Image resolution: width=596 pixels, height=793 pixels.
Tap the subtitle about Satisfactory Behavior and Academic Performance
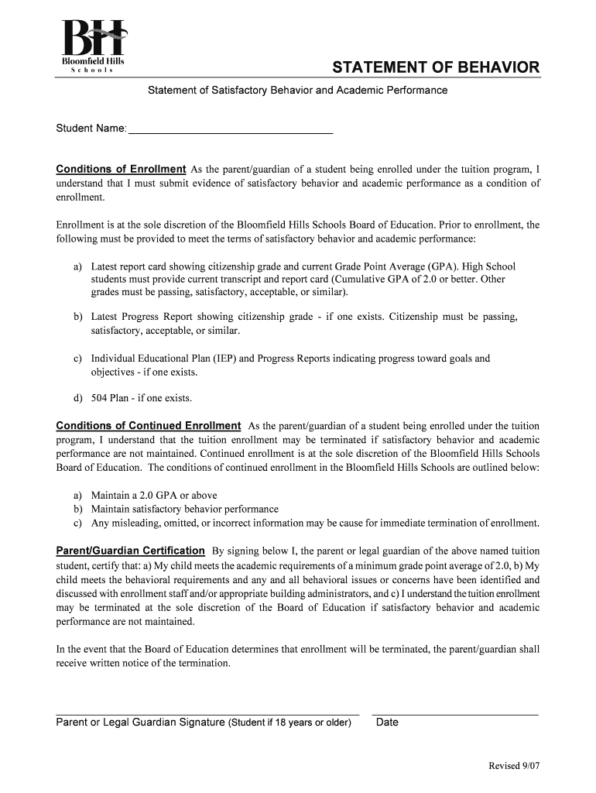click(297, 91)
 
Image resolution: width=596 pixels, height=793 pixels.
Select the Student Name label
click(91, 128)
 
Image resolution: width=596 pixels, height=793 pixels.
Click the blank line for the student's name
click(230, 129)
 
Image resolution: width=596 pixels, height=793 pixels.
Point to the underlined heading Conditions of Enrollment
click(121, 169)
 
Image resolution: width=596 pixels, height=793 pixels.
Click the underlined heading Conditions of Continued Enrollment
click(149, 426)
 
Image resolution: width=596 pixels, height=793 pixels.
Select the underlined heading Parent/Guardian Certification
click(131, 551)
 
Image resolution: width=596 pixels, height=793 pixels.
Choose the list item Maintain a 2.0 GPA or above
click(154, 495)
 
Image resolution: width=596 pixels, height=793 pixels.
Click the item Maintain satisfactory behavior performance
click(184, 509)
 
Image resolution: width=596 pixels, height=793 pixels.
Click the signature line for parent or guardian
click(207, 710)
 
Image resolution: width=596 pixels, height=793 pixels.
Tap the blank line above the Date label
click(454, 710)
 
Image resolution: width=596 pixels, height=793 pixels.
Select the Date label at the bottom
click(387, 723)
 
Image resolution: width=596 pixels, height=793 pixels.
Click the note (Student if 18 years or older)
click(289, 723)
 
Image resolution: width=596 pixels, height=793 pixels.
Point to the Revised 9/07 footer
click(513, 766)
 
